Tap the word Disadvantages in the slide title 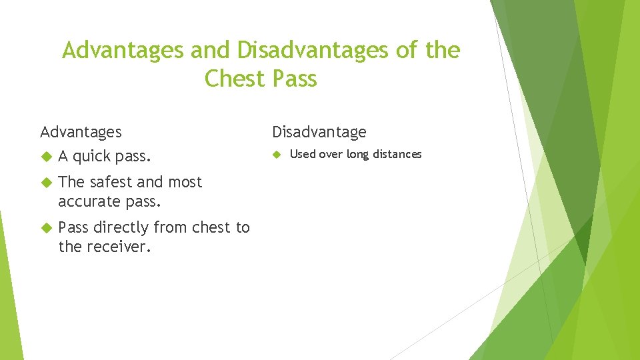(313, 50)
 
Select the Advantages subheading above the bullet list (81, 132)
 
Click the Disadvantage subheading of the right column (319, 132)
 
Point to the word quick (92, 157)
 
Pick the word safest (109, 182)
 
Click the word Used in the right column (303, 154)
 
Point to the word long (357, 154)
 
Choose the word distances (397, 154)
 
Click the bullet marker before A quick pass (46, 157)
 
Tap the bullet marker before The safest (46, 182)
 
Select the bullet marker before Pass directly (46, 227)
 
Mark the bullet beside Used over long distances (277, 154)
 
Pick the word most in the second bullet (185, 182)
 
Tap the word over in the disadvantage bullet (331, 154)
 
